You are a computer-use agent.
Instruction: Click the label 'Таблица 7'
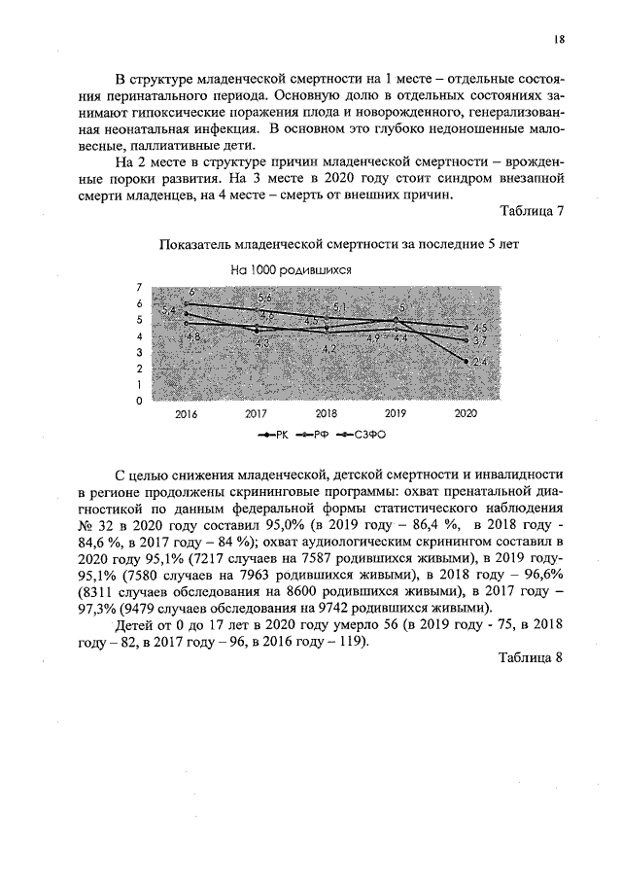pos(531,212)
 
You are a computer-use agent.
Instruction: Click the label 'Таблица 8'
pos(531,657)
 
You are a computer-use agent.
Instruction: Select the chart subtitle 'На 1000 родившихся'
pos(290,271)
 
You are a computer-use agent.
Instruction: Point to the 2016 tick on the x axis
pos(186,413)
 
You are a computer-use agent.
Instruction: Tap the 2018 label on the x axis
pos(326,413)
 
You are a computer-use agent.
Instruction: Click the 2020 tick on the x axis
pos(466,413)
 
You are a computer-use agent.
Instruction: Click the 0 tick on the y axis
pos(140,401)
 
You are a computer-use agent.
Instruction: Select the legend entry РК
pos(276,436)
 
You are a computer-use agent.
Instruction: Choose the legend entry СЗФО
pos(369,436)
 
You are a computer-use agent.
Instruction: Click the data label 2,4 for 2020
pos(479,362)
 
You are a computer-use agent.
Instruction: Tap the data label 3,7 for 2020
pos(479,341)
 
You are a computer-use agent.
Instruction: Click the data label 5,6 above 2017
pos(264,298)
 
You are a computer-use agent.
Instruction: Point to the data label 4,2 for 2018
pos(328,348)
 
